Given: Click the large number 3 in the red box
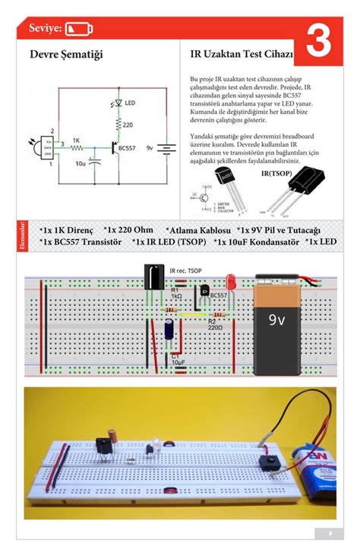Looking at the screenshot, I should click(318, 43).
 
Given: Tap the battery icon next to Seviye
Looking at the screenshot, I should click(80, 29).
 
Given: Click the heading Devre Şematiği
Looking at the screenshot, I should click(66, 55).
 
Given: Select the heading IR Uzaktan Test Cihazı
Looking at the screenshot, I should click(241, 55).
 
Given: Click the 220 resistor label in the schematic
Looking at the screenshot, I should click(128, 124).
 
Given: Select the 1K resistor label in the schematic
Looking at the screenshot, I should click(77, 140).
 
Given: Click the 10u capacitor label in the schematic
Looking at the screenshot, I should click(80, 163).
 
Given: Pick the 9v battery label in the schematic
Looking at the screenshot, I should click(150, 148).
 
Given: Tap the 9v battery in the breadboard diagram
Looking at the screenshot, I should click(283, 322).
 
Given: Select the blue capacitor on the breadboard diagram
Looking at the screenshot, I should click(169, 329).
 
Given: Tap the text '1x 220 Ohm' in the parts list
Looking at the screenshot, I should click(128, 229).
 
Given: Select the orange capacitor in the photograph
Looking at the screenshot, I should click(112, 434).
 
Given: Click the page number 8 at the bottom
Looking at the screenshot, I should click(330, 532).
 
